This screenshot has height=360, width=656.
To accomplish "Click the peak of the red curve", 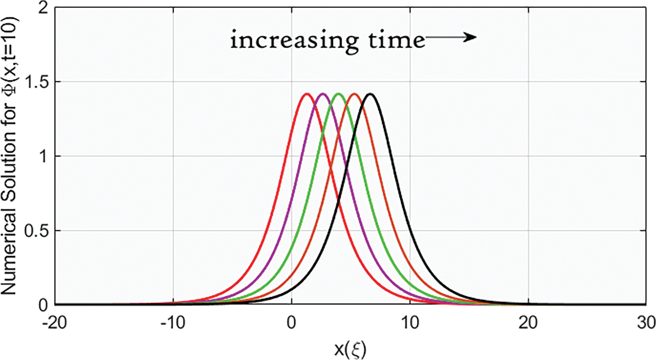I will point(307,94).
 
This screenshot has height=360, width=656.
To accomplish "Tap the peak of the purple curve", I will point(322,94).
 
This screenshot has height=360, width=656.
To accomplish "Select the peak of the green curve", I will point(338,94).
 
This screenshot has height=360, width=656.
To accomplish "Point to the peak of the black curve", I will point(370,94).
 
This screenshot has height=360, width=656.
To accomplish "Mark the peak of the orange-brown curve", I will point(354,94).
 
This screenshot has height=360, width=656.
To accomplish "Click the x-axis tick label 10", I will point(410,323).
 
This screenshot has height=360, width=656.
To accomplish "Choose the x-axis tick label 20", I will point(529,323).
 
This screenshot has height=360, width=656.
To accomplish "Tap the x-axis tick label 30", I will point(646,323).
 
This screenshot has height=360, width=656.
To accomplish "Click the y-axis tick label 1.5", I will point(37,82).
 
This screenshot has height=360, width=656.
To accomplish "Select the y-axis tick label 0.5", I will point(37,230).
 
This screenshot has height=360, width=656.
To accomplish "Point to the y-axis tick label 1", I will point(43,156).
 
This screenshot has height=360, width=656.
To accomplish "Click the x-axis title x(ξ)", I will point(350,349).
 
